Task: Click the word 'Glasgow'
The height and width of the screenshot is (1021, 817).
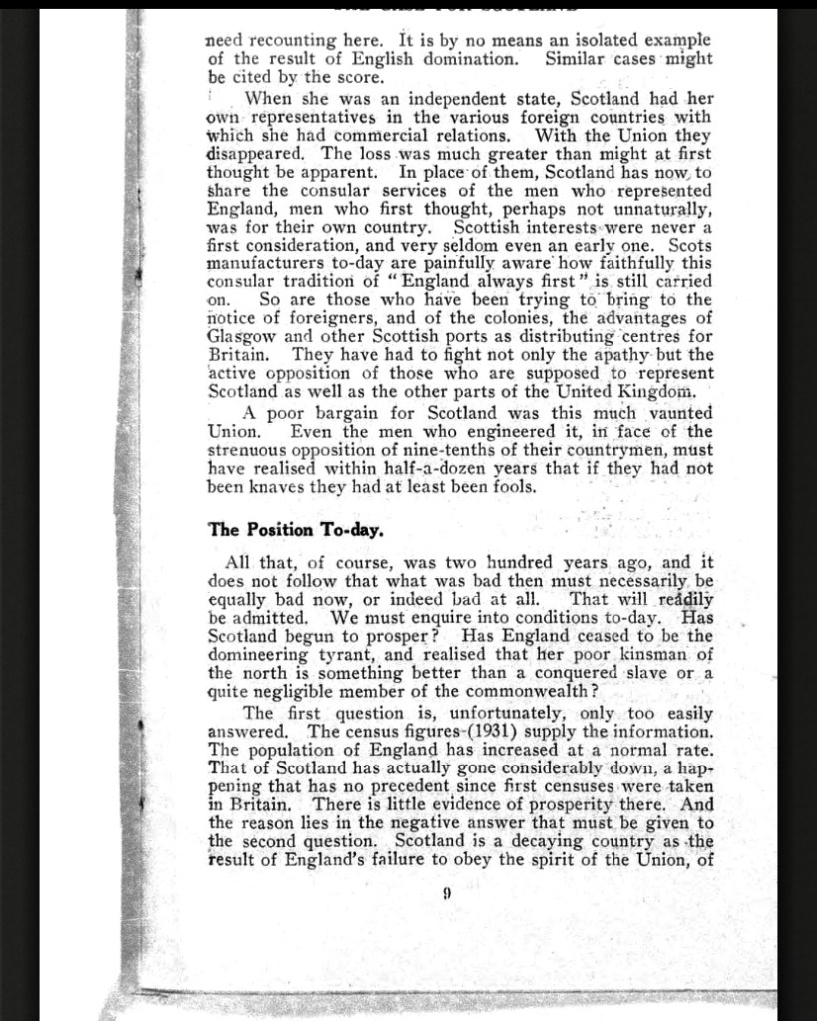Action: pyautogui.click(x=238, y=336)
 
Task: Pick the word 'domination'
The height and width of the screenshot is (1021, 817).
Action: pyautogui.click(x=468, y=59)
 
